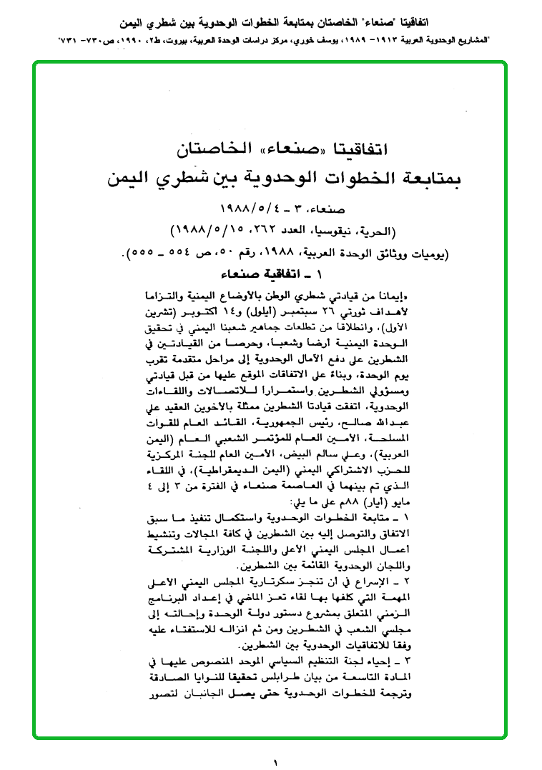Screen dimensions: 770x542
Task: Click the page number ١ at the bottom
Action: (275, 763)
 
